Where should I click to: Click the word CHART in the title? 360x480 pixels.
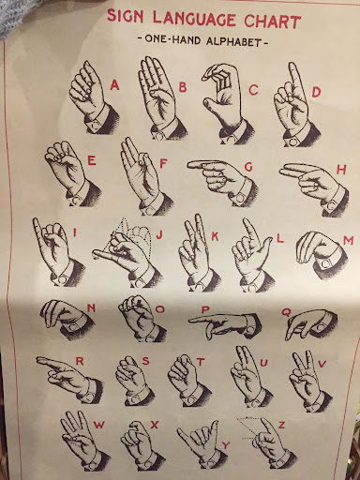272,21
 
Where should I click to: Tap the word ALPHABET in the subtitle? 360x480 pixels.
232,41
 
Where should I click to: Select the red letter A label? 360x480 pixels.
115,85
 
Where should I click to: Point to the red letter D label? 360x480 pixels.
316,92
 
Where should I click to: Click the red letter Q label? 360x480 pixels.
286,311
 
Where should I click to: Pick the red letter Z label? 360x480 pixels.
281,425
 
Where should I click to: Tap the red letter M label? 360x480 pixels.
348,241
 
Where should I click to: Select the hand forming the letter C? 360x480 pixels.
226,103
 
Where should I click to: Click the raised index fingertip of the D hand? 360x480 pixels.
292,65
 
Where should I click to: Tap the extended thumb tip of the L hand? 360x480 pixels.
270,239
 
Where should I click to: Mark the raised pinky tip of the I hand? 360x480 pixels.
35,220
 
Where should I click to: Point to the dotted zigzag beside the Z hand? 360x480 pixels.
249,428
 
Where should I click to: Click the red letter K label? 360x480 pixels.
214,236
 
